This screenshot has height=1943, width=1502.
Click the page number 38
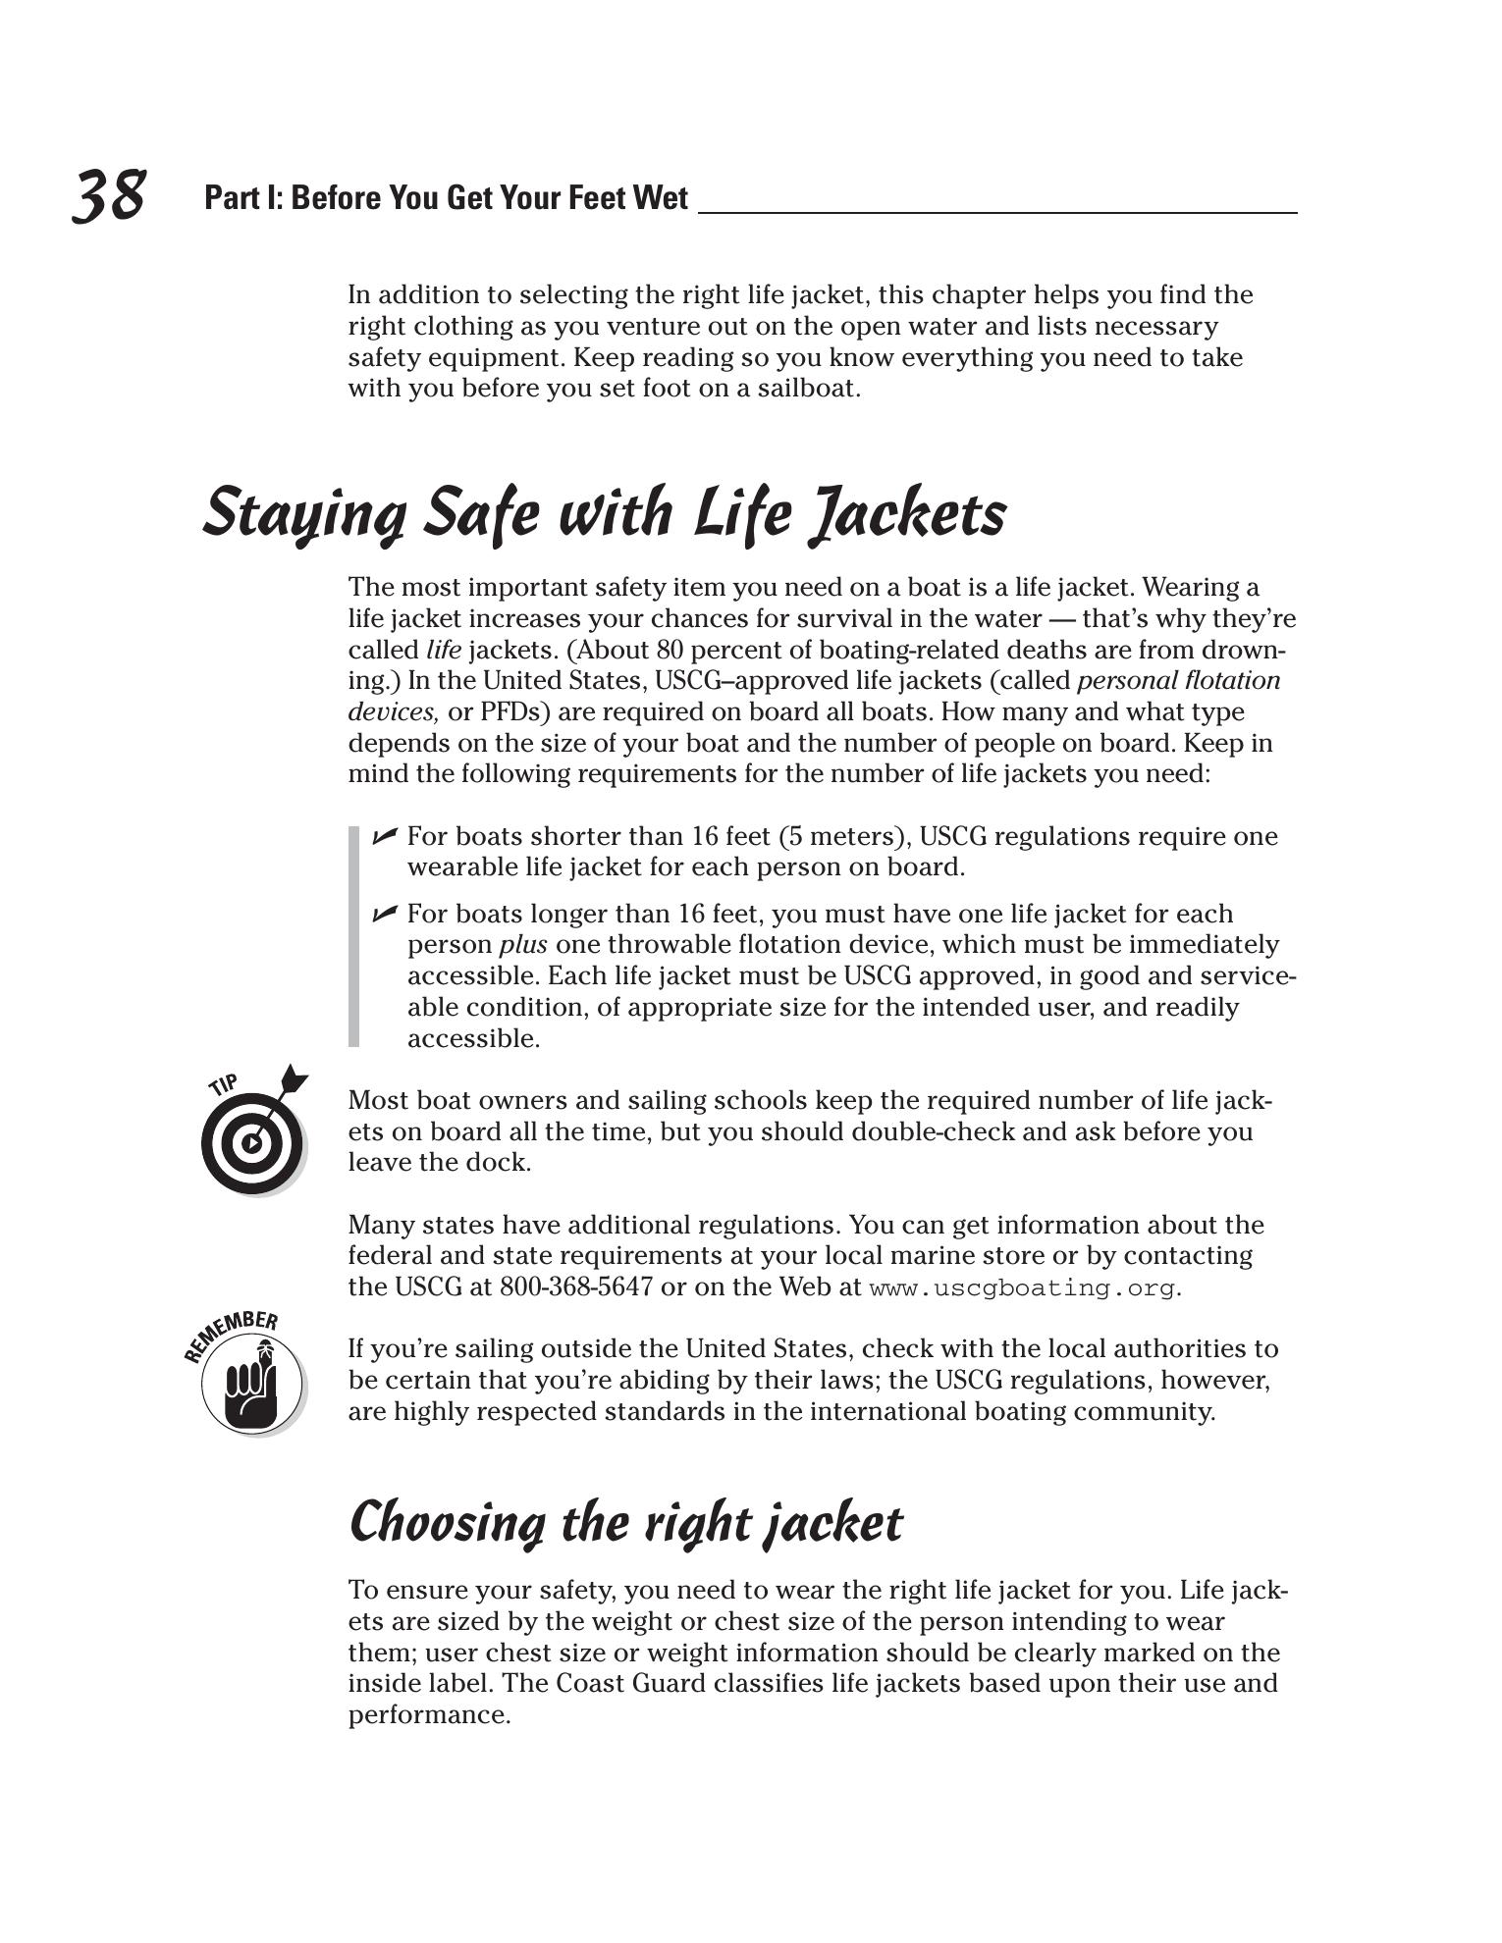point(109,195)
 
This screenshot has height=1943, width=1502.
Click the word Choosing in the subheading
point(447,1524)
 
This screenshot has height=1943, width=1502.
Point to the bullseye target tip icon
point(252,1138)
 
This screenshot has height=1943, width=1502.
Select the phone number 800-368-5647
point(576,1287)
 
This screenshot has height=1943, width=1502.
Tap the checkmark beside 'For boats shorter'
point(384,835)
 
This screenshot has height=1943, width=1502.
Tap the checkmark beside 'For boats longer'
point(384,914)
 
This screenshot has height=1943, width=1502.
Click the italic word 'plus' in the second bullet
point(523,945)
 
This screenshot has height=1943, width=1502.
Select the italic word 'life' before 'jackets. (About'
point(444,650)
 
